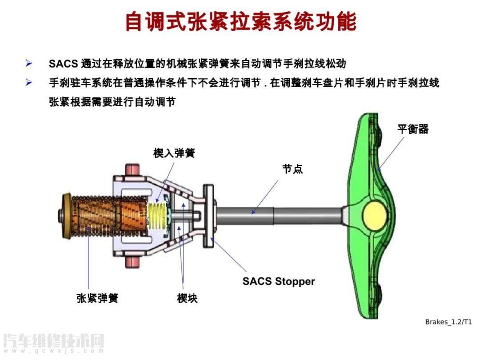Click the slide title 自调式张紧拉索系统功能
coord(240,21)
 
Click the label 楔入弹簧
coord(174,153)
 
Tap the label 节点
coord(292,169)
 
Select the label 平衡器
coord(412,129)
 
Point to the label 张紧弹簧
coord(97,298)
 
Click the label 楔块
coord(187,298)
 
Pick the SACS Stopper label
coord(278,281)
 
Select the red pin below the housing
coord(132,262)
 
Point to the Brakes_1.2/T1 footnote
coord(448,322)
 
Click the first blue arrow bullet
coord(29,63)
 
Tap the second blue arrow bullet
coord(29,83)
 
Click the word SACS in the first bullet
coord(63,63)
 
